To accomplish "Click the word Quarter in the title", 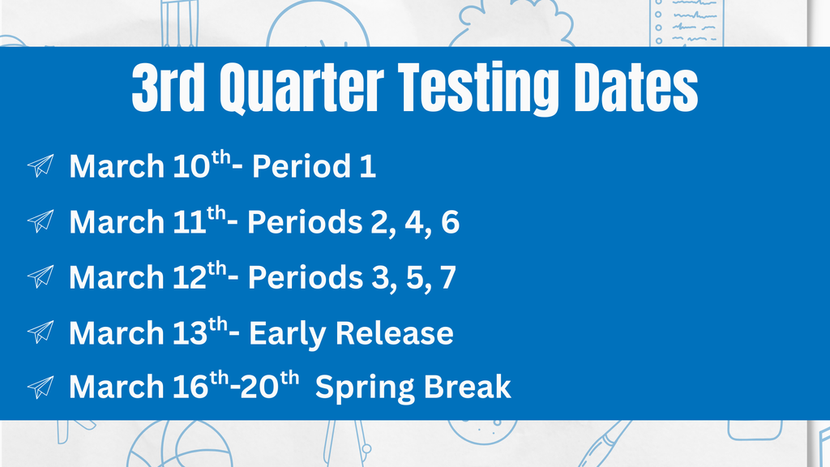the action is [x=302, y=88].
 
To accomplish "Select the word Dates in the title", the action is [x=635, y=88].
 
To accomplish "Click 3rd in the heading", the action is [x=169, y=88].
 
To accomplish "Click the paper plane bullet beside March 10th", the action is [x=41, y=165].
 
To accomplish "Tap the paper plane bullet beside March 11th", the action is [x=41, y=221].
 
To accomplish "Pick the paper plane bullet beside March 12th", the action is [x=41, y=276].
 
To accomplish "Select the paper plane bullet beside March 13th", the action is [x=41, y=332].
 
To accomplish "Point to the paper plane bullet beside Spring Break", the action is [x=41, y=387].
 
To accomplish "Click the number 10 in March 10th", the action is [x=192, y=166].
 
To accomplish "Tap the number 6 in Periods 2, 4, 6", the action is [x=450, y=221].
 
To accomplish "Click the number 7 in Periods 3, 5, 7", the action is [x=447, y=277].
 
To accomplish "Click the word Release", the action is [x=395, y=332].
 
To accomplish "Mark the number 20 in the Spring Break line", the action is [x=259, y=387].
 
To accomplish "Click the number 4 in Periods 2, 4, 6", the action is [x=413, y=221].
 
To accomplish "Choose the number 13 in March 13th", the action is [x=190, y=332].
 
